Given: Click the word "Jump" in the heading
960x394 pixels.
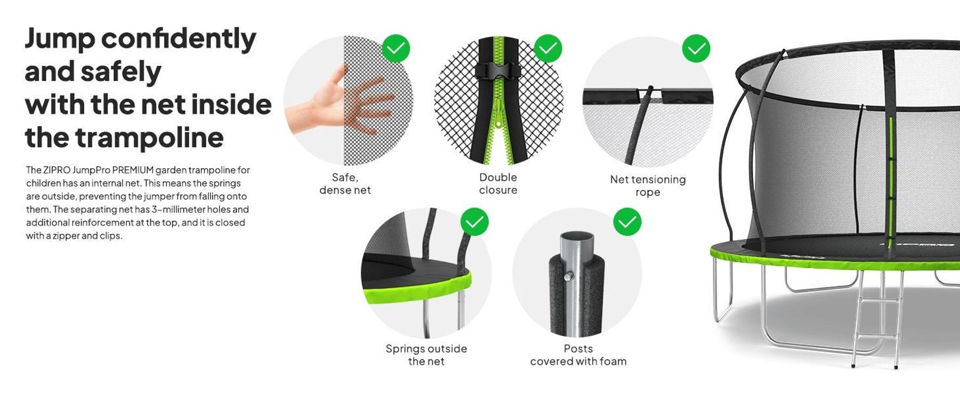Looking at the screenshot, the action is [60, 38].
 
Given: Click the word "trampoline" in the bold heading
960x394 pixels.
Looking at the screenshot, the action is [149, 138].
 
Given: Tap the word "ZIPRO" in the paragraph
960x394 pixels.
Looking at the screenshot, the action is [57, 170].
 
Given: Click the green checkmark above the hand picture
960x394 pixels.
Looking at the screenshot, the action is [396, 49].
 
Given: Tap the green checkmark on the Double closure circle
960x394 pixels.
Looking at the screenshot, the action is [548, 49].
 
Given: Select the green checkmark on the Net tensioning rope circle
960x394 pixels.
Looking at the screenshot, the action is [696, 49].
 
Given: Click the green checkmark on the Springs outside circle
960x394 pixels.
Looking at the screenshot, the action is [474, 222].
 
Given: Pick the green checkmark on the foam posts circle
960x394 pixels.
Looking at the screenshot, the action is [627, 222].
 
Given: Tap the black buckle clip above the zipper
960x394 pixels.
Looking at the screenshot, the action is [498, 72].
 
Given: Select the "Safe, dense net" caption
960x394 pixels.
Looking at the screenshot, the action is [345, 184].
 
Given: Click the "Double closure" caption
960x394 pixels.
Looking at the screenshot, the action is [498, 184].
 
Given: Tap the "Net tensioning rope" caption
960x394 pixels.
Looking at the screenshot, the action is [648, 186].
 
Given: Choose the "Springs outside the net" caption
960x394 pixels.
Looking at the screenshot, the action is [426, 355].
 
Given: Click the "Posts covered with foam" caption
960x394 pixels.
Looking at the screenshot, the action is [578, 355].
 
